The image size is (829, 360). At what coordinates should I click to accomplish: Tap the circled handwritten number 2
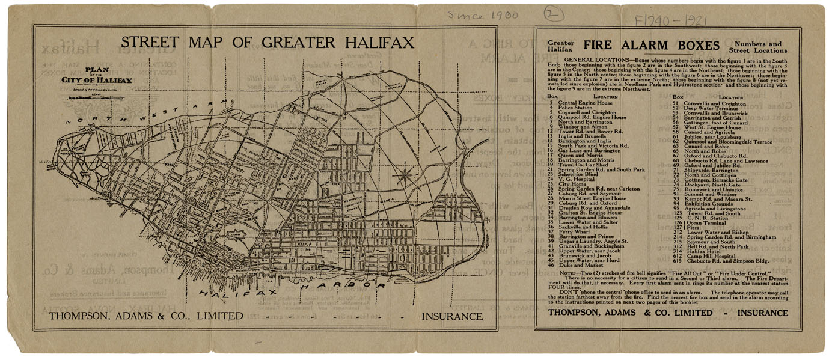click(x=549, y=13)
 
